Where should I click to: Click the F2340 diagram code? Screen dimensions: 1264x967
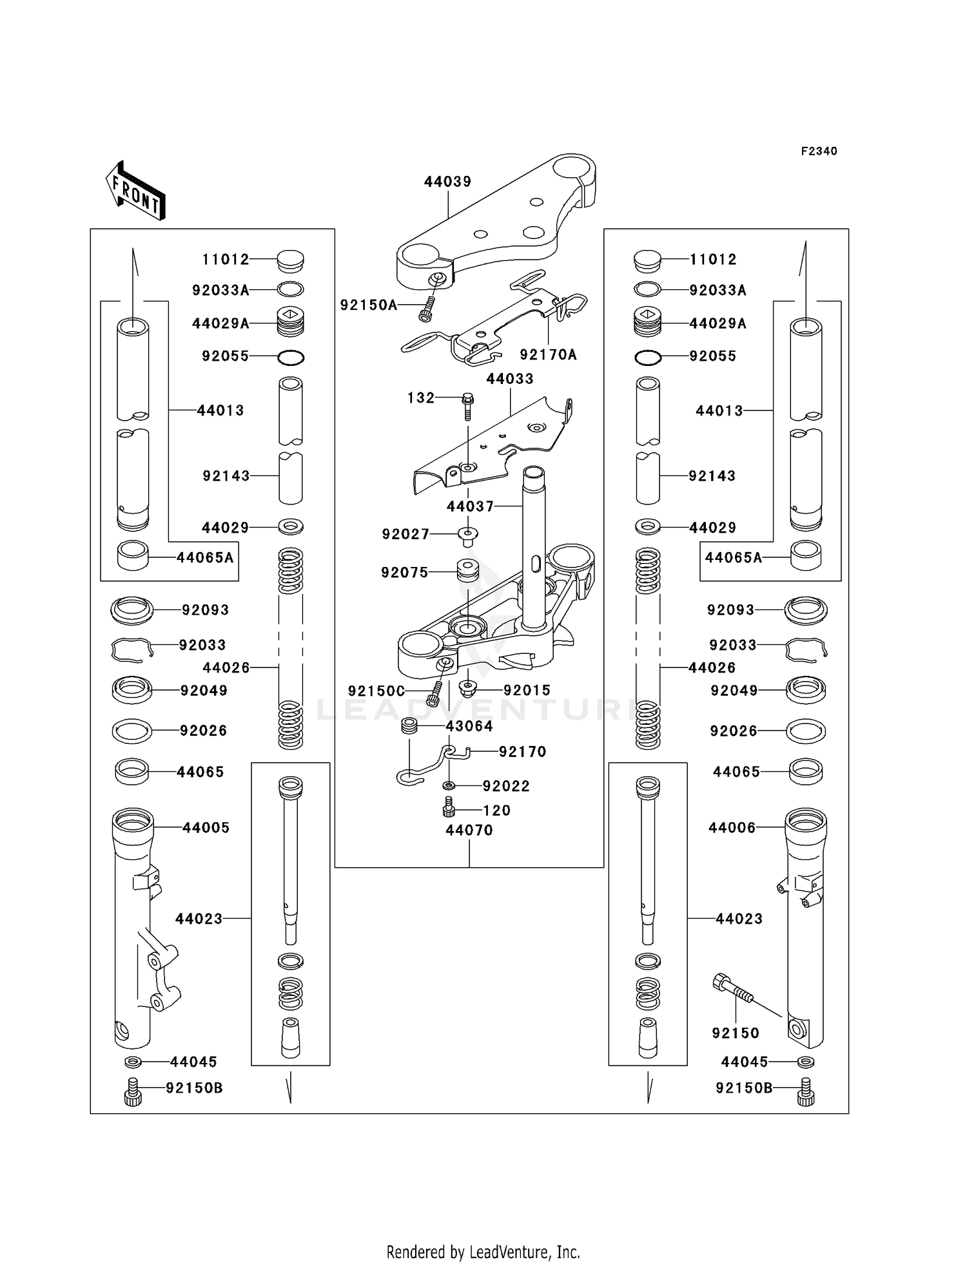coord(819,151)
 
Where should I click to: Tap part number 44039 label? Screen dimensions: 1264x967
coord(447,182)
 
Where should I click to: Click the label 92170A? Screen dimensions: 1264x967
coord(548,355)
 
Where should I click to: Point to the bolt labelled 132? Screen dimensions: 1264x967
coord(468,405)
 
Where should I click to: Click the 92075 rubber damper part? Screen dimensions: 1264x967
coord(467,571)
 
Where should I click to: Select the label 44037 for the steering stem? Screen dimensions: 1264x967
coord(470,507)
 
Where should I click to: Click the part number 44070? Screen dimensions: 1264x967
coord(469,830)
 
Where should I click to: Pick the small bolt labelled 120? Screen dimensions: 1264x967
coord(449,807)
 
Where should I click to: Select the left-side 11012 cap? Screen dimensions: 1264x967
coord(290,261)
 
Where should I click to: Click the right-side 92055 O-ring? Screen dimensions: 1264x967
coord(647,358)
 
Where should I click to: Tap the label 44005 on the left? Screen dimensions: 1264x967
coord(206,828)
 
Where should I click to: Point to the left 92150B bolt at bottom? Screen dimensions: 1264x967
coord(132,1092)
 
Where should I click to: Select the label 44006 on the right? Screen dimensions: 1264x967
coord(732,828)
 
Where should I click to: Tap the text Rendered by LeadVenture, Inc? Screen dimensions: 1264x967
coord(483,1252)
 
